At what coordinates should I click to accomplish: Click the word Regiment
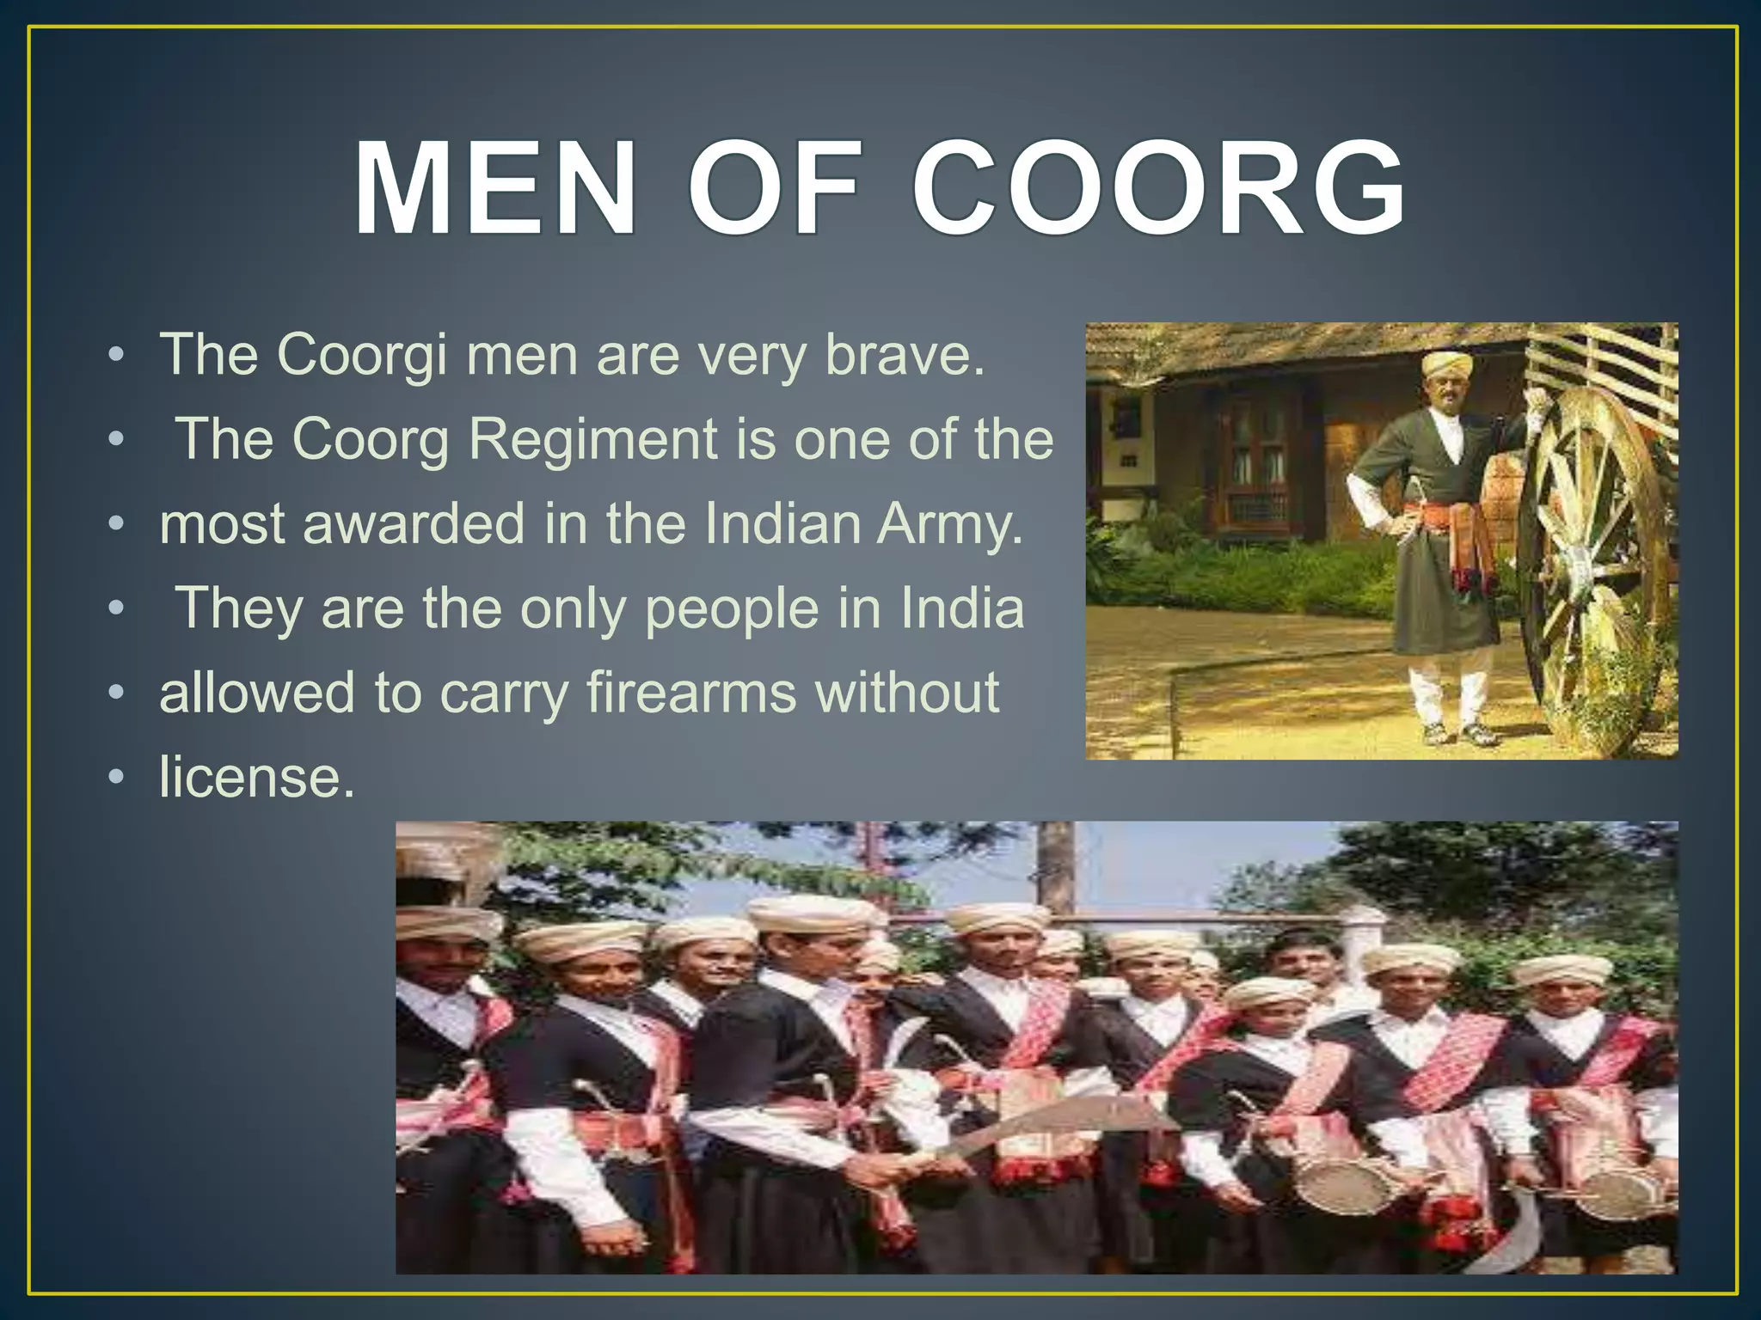pos(593,438)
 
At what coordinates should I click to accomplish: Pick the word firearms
pos(691,693)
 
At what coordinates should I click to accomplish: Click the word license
pos(256,777)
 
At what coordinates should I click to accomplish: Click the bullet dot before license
pos(116,778)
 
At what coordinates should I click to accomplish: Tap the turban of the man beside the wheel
pos(1446,363)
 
